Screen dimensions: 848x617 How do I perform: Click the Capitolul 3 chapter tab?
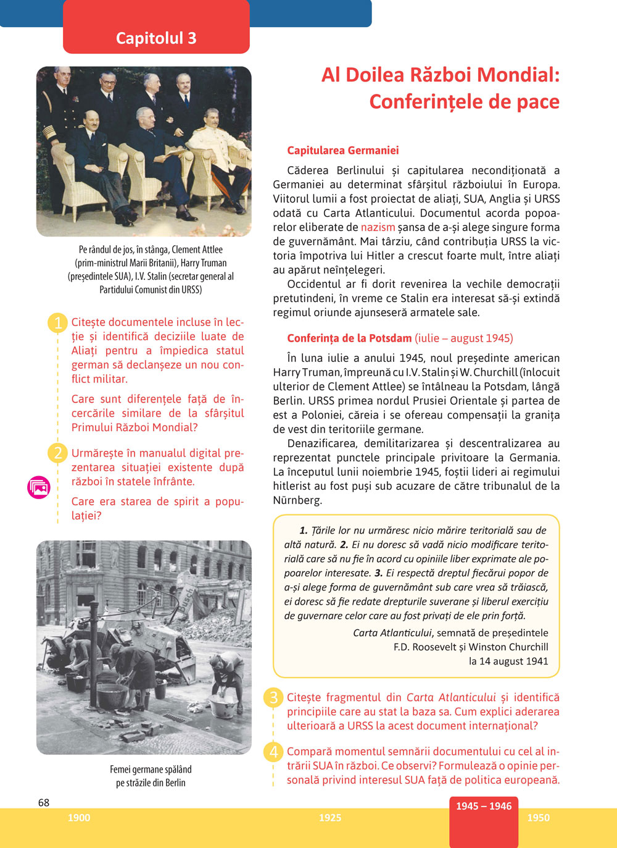click(x=156, y=38)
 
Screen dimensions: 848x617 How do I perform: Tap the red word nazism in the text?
click(x=378, y=227)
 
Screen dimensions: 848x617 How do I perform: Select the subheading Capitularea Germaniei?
click(x=343, y=150)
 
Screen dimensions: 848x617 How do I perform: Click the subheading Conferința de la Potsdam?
click(x=349, y=338)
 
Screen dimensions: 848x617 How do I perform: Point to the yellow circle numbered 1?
click(x=57, y=323)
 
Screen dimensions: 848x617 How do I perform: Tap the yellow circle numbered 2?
click(x=57, y=453)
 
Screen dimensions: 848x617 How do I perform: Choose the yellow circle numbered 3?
click(x=273, y=698)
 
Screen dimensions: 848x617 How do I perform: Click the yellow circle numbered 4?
click(x=273, y=752)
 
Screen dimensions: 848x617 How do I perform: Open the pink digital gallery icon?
click(x=39, y=487)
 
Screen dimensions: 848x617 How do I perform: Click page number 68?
click(x=44, y=802)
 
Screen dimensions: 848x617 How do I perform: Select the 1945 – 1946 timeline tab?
click(x=484, y=806)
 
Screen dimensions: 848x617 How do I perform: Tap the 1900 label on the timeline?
click(x=79, y=818)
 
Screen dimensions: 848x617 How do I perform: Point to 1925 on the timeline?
click(x=330, y=818)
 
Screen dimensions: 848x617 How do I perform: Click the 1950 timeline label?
click(x=538, y=818)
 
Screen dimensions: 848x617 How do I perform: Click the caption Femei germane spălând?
click(x=151, y=770)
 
